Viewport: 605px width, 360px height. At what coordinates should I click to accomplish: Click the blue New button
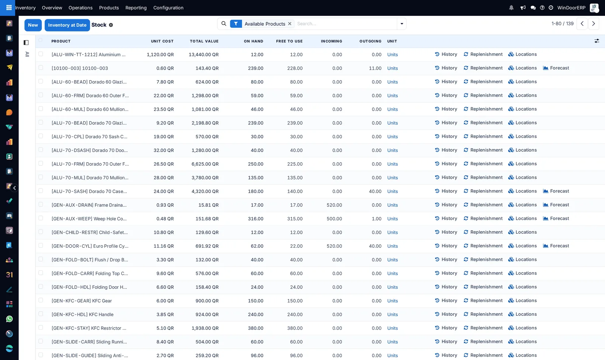(x=33, y=25)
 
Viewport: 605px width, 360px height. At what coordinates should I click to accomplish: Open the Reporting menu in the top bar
(x=136, y=8)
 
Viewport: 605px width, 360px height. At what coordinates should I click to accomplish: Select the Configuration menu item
(x=168, y=8)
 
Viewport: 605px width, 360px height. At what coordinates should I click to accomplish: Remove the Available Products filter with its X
(x=290, y=24)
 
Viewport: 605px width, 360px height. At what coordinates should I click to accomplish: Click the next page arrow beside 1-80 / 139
(x=593, y=24)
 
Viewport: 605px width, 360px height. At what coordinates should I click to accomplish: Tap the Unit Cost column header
(x=162, y=41)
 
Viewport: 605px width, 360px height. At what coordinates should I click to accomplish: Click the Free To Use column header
(x=289, y=41)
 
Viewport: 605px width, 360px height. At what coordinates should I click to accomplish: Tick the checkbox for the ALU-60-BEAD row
(x=40, y=81)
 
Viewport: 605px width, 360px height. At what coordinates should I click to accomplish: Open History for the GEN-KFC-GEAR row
(x=446, y=301)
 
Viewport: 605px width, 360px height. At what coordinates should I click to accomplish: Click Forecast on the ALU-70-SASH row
(x=556, y=191)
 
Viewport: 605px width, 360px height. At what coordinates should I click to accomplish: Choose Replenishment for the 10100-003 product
(x=483, y=68)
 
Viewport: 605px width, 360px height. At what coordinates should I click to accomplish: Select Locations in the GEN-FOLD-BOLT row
(x=522, y=259)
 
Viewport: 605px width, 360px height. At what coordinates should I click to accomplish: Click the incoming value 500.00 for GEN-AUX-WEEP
(x=334, y=219)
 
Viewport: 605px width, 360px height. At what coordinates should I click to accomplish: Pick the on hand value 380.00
(x=256, y=328)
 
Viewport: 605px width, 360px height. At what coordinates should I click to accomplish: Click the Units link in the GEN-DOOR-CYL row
(x=392, y=246)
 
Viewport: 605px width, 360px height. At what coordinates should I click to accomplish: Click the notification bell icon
(x=511, y=8)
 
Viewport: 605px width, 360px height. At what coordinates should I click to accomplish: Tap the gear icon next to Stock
(x=111, y=25)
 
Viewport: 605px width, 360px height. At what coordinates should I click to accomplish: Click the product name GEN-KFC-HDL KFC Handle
(x=82, y=314)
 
